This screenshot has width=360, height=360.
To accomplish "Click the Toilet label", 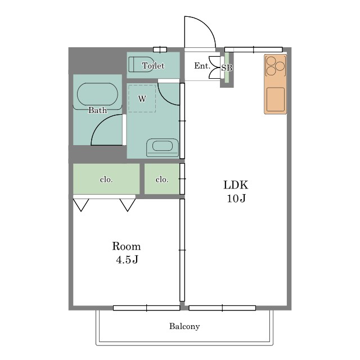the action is (x=153, y=66).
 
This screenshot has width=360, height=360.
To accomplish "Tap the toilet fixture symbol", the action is (x=141, y=65).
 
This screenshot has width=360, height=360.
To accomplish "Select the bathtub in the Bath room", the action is (x=97, y=94).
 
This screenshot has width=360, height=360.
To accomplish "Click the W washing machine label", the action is (x=142, y=99).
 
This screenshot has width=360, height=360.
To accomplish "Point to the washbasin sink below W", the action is (x=163, y=147).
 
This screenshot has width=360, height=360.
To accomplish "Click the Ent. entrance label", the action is (x=202, y=66).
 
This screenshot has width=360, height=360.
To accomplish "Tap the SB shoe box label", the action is (x=227, y=67).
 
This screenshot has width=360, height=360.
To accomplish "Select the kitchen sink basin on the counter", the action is (x=276, y=100).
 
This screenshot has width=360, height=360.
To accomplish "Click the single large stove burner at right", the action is (x=280, y=66).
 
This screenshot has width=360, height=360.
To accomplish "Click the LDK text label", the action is (x=236, y=185).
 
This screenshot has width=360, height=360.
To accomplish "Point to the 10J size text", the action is (x=236, y=199).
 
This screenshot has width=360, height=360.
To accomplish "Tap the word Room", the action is (x=126, y=246).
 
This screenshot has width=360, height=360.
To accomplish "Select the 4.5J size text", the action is (x=127, y=260).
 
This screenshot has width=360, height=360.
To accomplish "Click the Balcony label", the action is (x=184, y=326).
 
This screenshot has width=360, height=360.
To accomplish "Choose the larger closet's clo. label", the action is (x=106, y=179).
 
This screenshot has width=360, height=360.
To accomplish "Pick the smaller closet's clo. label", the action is (x=162, y=179).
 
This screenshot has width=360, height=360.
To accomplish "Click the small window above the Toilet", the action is (x=160, y=49).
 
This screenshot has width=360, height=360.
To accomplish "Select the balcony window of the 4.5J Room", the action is (x=146, y=308).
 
